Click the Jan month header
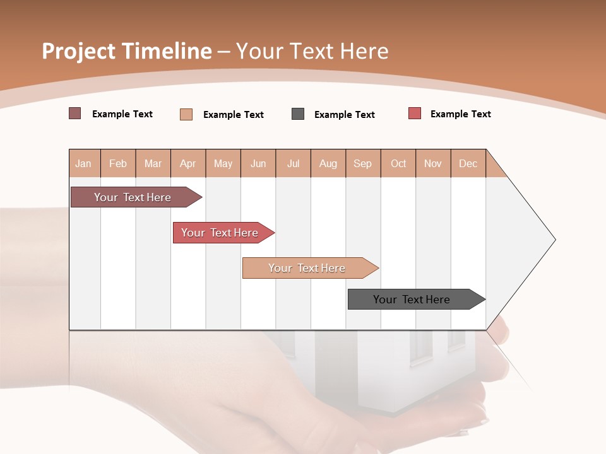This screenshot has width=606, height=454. (x=84, y=163)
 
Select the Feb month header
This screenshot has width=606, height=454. (x=118, y=163)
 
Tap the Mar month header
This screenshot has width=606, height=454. (x=153, y=163)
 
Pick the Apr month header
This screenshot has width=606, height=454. (x=188, y=163)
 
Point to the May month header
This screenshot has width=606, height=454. (x=223, y=163)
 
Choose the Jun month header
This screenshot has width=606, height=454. (x=258, y=163)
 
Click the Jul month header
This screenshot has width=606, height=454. (x=293, y=163)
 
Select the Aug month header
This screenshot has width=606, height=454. (x=328, y=163)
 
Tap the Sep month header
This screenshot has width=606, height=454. (x=363, y=163)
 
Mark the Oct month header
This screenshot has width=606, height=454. (x=398, y=163)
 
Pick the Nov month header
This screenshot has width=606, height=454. (x=433, y=163)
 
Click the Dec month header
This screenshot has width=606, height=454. (x=468, y=163)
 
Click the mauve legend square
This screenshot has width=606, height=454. (x=75, y=113)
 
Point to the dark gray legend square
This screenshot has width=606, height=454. (x=298, y=114)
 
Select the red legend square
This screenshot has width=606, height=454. (x=415, y=113)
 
